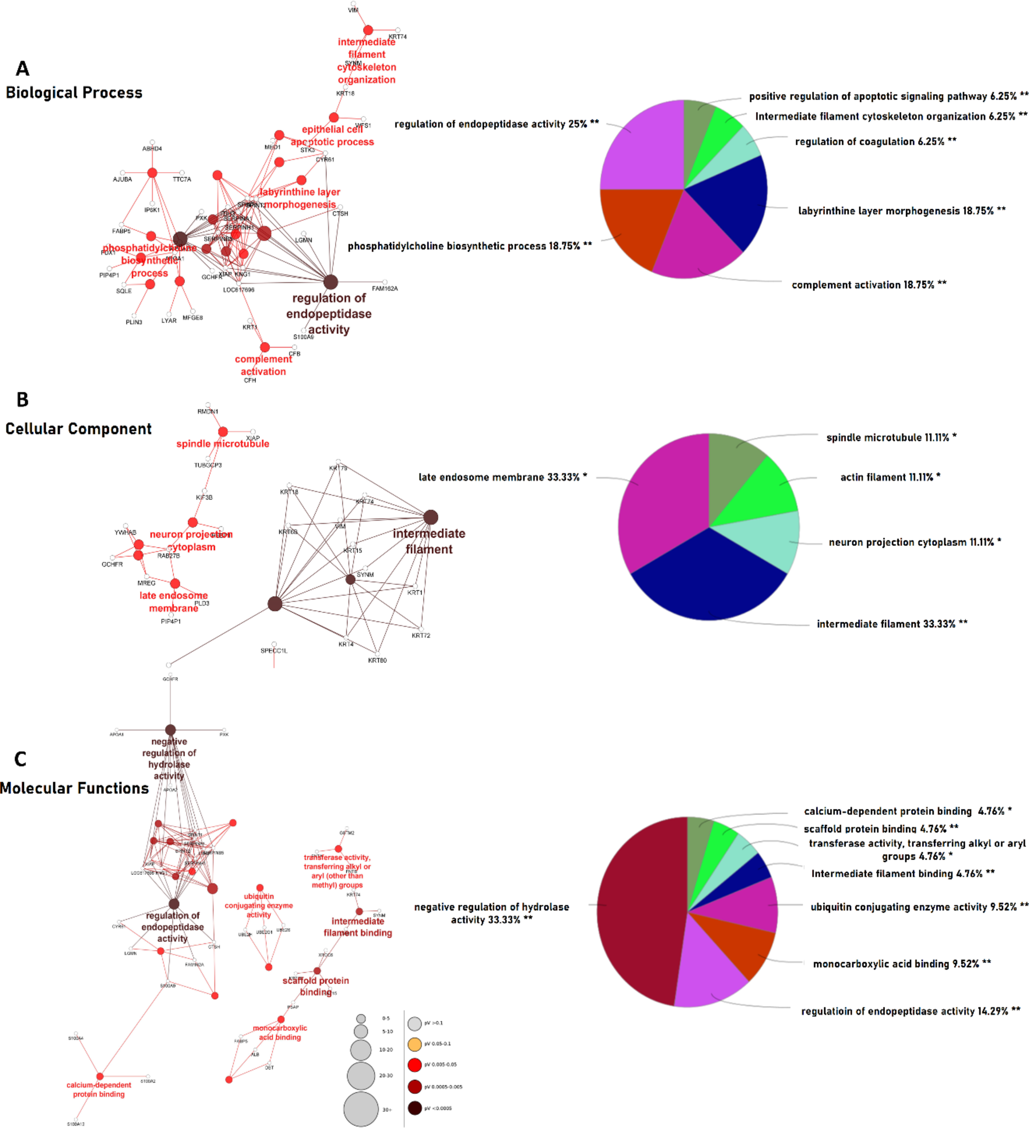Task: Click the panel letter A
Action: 22,69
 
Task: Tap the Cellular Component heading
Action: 78,429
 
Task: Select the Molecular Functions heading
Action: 74,788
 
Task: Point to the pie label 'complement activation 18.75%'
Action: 868,285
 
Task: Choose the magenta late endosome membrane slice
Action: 658,503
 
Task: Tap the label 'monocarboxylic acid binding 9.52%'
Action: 901,964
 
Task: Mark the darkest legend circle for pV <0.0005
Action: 415,1108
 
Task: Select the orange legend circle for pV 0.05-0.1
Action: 415,1044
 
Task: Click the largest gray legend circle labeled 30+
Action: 361,1109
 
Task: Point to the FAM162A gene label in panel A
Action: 384,289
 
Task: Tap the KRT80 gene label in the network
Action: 378,660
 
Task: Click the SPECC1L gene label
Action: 274,651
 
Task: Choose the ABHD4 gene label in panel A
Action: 152,149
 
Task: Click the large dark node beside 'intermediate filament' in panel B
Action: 431,517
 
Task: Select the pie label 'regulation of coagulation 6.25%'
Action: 875,141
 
